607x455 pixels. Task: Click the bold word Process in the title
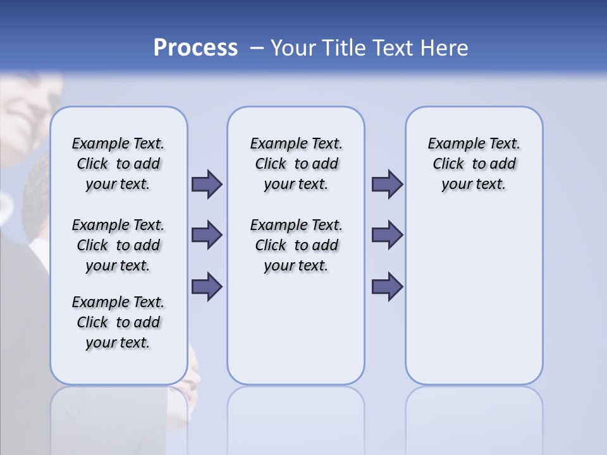click(195, 48)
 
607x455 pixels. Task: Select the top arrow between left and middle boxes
click(207, 185)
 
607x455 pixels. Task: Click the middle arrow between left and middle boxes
click(207, 235)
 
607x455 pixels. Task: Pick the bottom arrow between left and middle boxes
click(207, 286)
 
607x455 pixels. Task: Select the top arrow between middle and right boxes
click(387, 185)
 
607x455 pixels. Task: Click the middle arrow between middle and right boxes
click(387, 235)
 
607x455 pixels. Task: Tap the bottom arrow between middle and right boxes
click(387, 286)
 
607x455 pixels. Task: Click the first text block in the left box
click(118, 164)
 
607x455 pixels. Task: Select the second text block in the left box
click(118, 245)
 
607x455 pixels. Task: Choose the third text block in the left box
click(118, 322)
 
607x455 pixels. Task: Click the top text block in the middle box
click(296, 164)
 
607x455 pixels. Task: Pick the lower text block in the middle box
click(296, 245)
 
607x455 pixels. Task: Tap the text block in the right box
click(474, 164)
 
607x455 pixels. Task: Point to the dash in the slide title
click(257, 48)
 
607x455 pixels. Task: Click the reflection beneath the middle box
click(296, 417)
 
